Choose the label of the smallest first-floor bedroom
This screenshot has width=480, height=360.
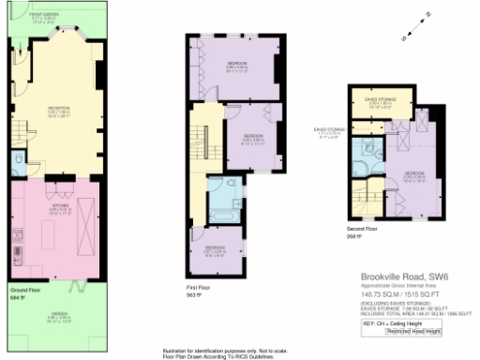click(216, 250)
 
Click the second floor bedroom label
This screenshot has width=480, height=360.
click(414, 176)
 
